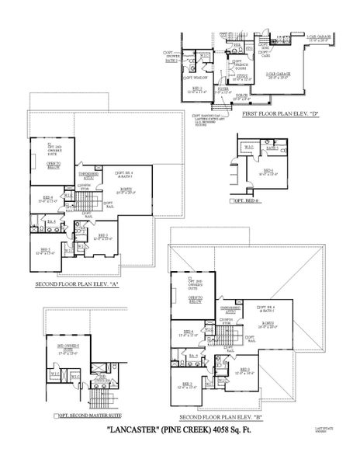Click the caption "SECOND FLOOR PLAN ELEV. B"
click(x=244, y=417)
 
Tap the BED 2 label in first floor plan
click(x=196, y=89)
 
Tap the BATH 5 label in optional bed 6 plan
click(x=272, y=147)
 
